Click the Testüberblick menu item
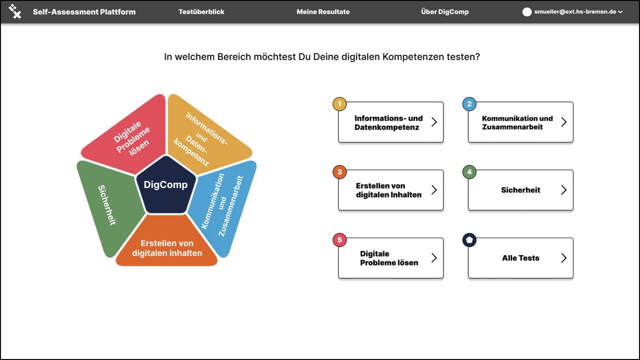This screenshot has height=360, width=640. tap(201, 12)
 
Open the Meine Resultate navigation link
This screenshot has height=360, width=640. tap(323, 12)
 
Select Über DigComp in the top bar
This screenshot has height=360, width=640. tap(445, 12)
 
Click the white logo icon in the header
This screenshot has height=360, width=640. tap(15, 12)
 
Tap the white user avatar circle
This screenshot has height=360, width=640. tap(527, 12)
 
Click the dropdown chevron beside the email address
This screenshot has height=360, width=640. tap(620, 12)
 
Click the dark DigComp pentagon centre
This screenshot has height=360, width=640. tap(166, 185)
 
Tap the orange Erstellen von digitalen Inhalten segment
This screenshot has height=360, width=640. tap(167, 246)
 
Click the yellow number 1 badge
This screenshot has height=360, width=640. tap(340, 104)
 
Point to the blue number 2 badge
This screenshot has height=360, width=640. tap(469, 104)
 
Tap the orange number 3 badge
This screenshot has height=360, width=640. tap(340, 172)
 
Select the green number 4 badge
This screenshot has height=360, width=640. tap(469, 172)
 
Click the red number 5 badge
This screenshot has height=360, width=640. tap(340, 240)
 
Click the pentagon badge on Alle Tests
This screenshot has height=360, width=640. tap(469, 240)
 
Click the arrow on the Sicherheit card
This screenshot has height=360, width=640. tap(564, 190)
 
